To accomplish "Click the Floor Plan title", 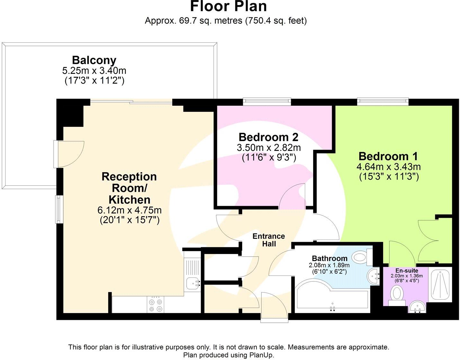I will (228, 6).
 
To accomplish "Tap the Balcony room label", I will (94, 60).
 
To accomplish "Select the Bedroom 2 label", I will (268, 137).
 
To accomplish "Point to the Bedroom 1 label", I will (388, 156).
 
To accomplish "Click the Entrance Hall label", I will (269, 240).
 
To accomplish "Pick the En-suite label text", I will (406, 270).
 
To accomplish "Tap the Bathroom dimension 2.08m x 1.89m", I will (329, 265).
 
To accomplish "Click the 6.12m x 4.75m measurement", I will (129, 210).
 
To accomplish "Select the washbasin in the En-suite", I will (417, 306).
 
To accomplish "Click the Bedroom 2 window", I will (267, 102).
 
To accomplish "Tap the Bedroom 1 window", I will (383, 102).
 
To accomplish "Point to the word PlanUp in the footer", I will (261, 355).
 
